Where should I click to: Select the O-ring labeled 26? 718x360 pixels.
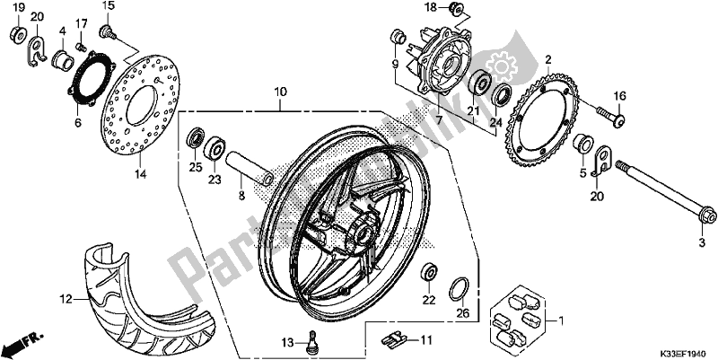pos(459,290)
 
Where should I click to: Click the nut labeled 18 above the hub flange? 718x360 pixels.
pos(456,10)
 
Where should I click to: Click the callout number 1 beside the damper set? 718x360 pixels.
pos(562,320)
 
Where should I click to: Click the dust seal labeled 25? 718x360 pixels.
pos(194,139)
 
